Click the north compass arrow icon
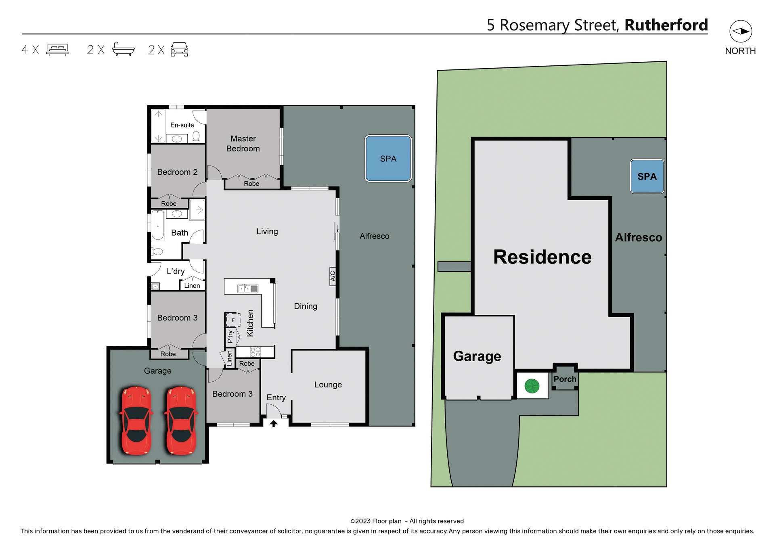(x=740, y=31)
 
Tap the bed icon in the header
(x=58, y=50)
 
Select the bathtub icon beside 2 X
(x=123, y=49)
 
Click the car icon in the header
(x=179, y=49)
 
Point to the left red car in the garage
(x=136, y=420)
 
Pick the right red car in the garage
(x=181, y=420)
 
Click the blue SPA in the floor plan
(x=388, y=159)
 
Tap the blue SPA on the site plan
(x=647, y=176)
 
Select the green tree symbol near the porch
(x=532, y=386)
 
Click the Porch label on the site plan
(x=565, y=379)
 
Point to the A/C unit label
(x=333, y=276)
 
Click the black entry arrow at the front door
(x=274, y=423)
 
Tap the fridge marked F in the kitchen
(x=233, y=320)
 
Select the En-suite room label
(x=182, y=125)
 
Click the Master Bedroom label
(x=243, y=144)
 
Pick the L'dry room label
(x=176, y=271)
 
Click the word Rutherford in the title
(x=666, y=25)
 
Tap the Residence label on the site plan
(x=542, y=257)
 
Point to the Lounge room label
(x=328, y=385)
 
